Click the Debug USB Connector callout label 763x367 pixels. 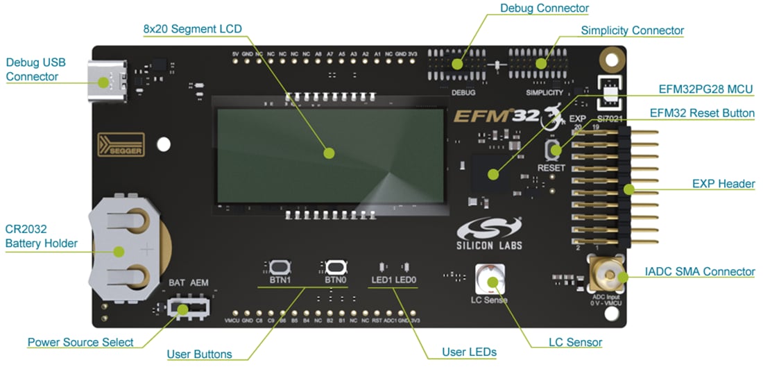coord(36,69)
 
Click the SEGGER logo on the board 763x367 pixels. coord(121,144)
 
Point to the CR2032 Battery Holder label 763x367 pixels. coord(42,236)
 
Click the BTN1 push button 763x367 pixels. coord(280,267)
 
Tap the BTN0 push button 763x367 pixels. coord(335,267)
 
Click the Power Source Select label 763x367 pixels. coord(80,342)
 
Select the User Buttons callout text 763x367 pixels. coord(199,355)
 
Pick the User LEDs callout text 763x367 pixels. coord(469,352)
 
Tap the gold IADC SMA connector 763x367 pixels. coord(605,276)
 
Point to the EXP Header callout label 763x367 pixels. coord(723,184)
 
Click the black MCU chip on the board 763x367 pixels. coord(492,173)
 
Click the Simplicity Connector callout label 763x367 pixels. coord(632,31)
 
